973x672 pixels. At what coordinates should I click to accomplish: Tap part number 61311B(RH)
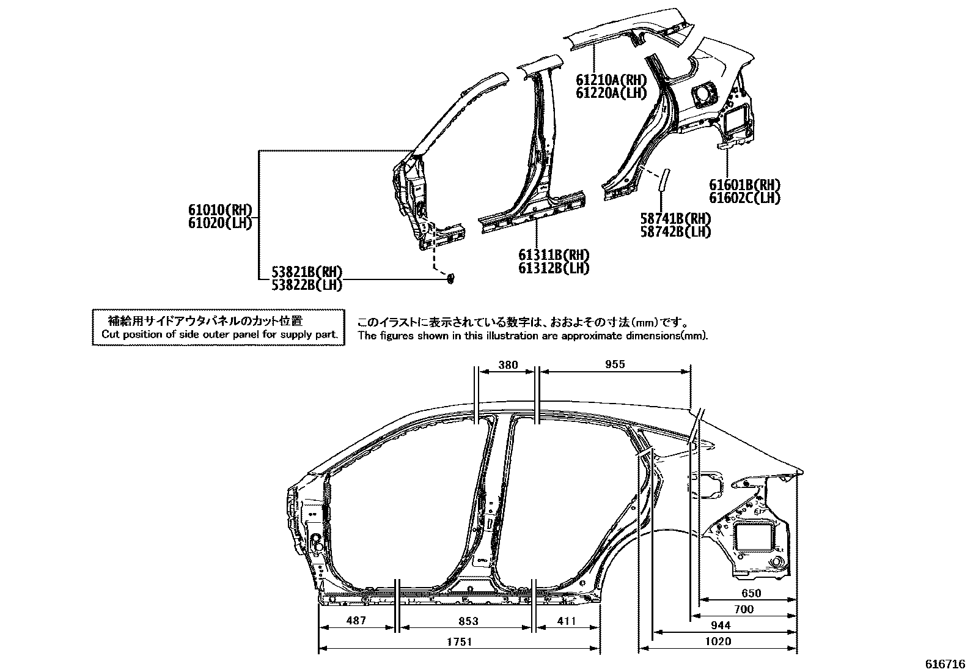[554, 255]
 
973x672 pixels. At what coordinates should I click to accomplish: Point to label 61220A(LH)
[611, 92]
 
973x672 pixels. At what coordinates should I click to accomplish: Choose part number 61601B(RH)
[744, 185]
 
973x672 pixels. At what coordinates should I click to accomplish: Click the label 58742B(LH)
[675, 231]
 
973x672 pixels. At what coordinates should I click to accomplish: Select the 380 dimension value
[507, 365]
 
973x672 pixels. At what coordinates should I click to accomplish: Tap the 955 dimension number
[615, 364]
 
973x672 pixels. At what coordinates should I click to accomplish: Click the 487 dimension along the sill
[356, 621]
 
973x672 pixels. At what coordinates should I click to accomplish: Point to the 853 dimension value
[468, 621]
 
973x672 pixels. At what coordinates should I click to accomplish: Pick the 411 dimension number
[567, 621]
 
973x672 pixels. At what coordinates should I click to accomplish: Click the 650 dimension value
[751, 593]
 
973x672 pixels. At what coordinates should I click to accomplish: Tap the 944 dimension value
[721, 626]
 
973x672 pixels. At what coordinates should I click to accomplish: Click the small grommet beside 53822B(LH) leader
[451, 279]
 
